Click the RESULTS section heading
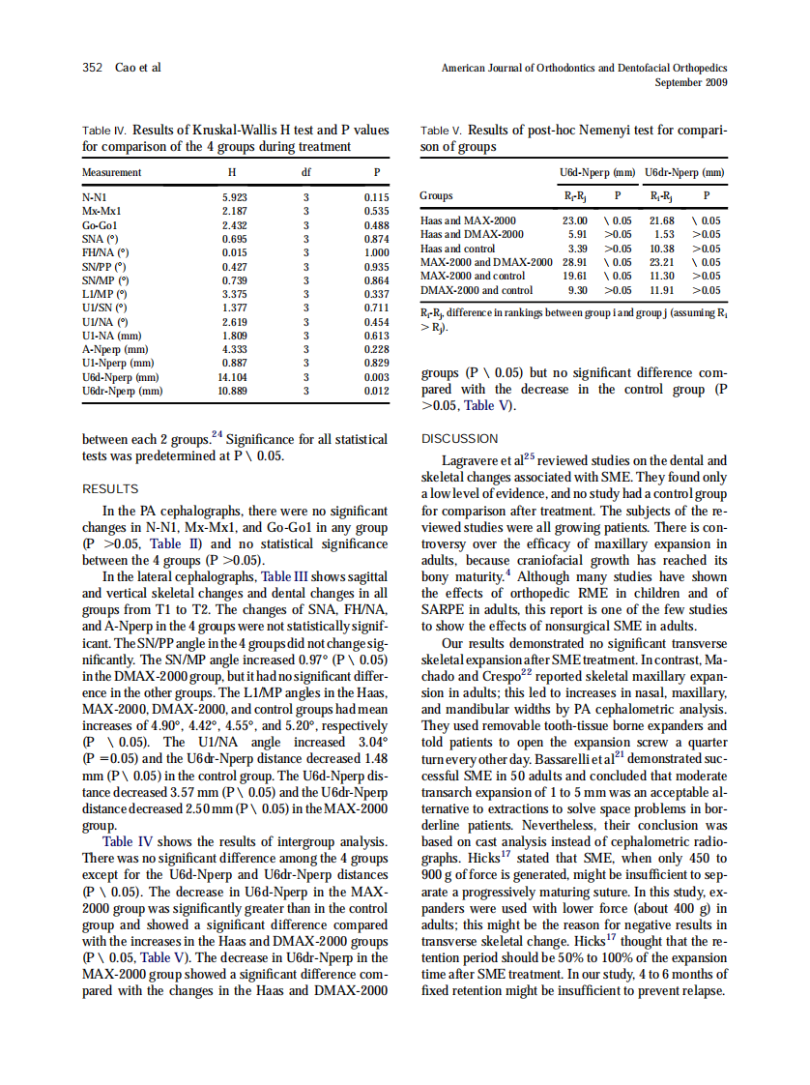coord(110,489)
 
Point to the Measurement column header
coord(112,172)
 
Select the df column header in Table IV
coord(306,172)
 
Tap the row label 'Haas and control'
coord(457,249)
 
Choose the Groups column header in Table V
coord(437,195)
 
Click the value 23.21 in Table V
coord(662,262)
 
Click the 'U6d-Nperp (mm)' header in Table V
coord(597,172)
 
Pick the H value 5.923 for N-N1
coord(236,196)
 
